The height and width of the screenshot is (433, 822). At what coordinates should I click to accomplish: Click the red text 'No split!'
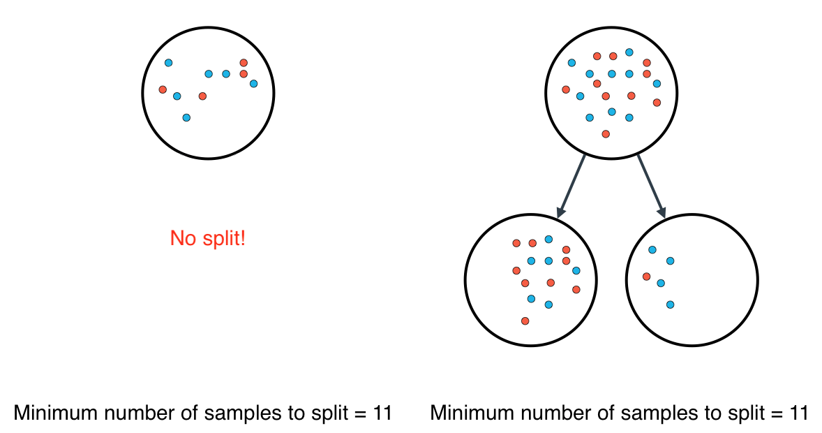207,239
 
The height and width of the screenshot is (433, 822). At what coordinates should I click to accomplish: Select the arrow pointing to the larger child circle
571,185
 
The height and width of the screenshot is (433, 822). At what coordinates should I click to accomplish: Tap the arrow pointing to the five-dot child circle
650,185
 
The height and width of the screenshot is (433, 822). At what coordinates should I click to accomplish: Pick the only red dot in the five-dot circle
647,276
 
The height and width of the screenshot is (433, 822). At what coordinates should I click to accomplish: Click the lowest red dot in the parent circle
606,133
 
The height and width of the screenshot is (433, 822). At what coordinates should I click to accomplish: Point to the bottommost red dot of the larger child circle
525,321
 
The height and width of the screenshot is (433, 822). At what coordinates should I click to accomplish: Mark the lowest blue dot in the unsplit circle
186,117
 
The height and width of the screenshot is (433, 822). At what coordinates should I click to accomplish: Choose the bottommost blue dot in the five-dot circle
670,304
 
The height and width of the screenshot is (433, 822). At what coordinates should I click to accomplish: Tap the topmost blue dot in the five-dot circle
652,249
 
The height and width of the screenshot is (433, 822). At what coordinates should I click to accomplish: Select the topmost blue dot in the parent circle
629,52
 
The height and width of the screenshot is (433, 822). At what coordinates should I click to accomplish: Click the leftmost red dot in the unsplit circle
163,89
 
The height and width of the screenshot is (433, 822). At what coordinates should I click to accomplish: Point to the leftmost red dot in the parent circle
566,89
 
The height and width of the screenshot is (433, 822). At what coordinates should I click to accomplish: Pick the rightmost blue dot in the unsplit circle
253,84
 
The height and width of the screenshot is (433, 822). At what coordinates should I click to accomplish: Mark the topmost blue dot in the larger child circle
549,240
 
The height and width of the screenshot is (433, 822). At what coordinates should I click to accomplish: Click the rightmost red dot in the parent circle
657,103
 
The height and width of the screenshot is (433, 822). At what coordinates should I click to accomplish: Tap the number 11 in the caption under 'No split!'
382,413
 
